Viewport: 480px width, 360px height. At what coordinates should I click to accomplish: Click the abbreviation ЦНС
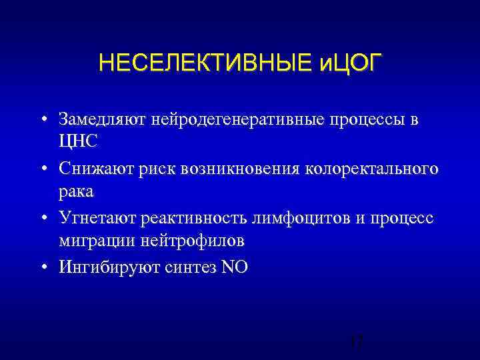[78, 142]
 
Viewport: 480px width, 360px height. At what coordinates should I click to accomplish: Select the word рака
[76, 191]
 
